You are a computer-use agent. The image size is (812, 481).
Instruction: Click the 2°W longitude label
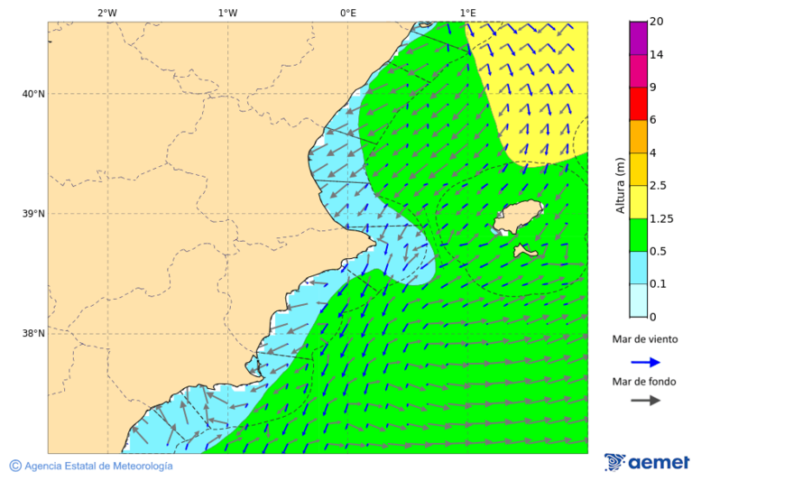(106, 13)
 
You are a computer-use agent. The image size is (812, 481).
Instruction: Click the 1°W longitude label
(227, 13)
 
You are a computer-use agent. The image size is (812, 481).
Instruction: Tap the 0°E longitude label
(347, 13)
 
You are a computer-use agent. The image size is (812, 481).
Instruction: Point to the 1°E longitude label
(467, 13)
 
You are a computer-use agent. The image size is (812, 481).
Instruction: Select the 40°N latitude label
(32, 94)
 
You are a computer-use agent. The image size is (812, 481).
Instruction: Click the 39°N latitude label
(32, 214)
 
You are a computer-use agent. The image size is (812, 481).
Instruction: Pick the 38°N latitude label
(32, 334)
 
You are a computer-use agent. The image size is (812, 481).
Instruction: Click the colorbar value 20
(657, 23)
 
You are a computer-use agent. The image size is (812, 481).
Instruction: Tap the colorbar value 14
(657, 55)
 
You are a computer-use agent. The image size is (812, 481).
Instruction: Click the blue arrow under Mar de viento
(645, 362)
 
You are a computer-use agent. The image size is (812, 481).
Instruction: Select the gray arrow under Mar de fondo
(645, 401)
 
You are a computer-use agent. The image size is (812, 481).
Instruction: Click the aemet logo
(647, 462)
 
